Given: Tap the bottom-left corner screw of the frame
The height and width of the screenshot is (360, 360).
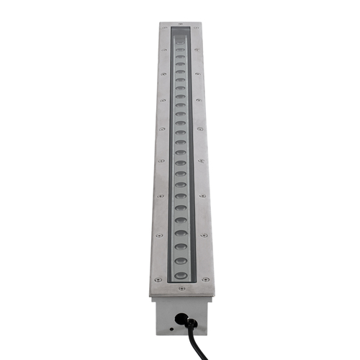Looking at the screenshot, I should coord(155,279).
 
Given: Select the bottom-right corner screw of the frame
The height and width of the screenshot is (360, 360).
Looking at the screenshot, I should coord(206,279).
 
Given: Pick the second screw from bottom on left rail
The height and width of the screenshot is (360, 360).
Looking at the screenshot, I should coord(158,235).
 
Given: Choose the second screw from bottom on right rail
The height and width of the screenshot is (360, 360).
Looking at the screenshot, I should coord(204,235).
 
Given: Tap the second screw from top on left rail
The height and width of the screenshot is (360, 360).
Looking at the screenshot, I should coord(163,50).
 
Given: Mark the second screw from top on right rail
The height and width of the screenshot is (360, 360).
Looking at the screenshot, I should coord(197,50).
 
